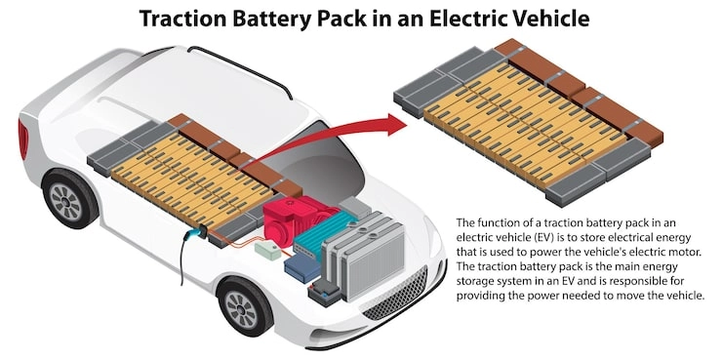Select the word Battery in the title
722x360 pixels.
point(282,19)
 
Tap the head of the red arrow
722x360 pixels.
point(397,125)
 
